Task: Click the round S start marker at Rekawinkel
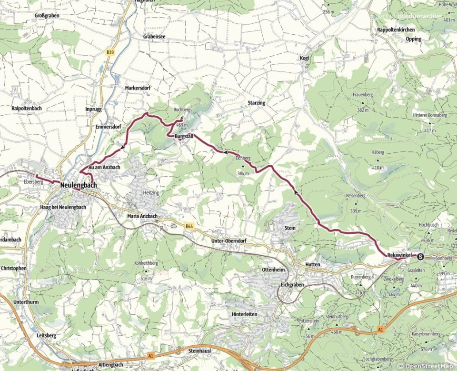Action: coord(421,257)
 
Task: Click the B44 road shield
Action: coord(189,227)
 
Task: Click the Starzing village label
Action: coord(256,103)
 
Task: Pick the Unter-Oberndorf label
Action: coord(230,241)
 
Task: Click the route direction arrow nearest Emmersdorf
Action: coord(123,147)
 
